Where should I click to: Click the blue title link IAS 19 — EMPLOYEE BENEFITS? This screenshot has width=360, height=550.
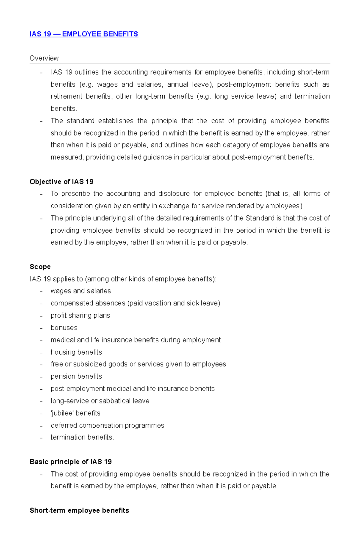84,34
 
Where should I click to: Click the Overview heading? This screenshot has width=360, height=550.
44,58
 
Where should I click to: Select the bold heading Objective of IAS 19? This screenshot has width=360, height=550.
61,182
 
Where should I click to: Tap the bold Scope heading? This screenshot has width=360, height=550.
40,267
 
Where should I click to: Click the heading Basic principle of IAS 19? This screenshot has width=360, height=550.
70,462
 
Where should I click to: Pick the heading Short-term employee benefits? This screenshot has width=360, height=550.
79,510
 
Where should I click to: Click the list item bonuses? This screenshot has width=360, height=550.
64,328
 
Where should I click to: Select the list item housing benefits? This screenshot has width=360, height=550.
76,352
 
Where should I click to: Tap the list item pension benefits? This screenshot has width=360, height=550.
76,376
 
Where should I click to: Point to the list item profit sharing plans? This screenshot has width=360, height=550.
80,315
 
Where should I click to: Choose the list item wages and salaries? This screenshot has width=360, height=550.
81,291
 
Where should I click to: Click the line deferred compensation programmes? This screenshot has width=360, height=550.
107,425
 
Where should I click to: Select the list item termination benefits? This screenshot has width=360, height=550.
82,437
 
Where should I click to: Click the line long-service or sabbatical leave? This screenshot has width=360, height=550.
100,401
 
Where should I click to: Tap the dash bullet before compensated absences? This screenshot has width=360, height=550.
41,304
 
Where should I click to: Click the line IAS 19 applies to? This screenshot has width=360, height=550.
123,279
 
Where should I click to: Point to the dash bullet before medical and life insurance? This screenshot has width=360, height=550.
41,340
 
